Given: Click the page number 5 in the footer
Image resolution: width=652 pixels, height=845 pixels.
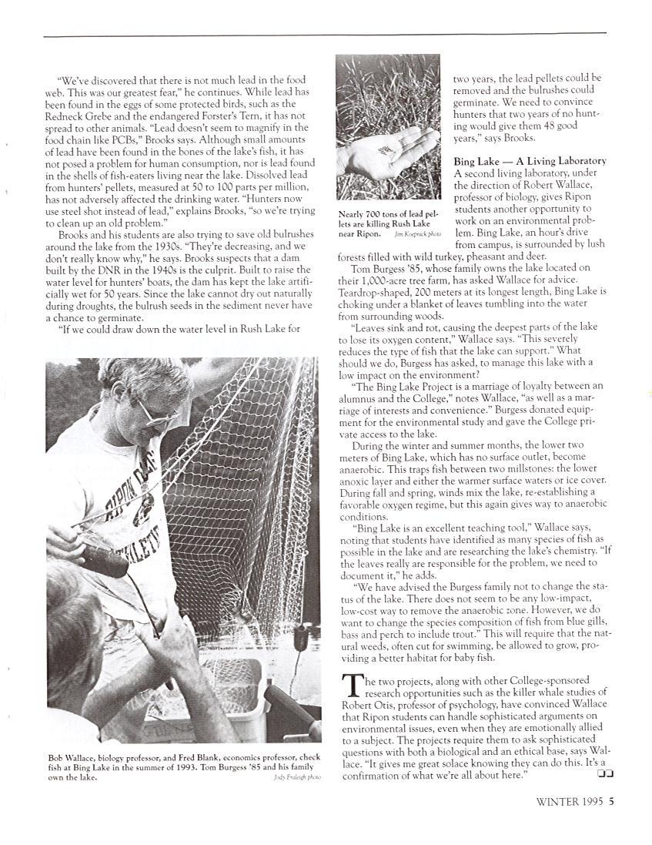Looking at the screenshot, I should (611, 800).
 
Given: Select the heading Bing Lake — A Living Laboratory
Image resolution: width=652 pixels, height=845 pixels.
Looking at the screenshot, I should (530, 161).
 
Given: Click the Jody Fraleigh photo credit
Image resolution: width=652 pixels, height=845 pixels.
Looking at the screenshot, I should (297, 778).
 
